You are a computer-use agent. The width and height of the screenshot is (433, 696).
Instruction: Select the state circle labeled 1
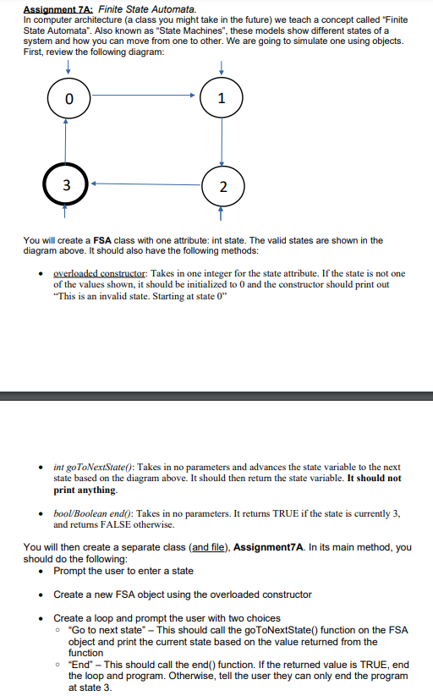(222, 99)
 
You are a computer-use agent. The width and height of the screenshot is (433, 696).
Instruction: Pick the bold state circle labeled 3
(67, 184)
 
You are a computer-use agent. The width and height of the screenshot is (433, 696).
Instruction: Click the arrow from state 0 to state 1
(144, 95)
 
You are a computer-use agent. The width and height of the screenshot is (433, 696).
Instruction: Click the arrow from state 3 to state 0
(67, 140)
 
